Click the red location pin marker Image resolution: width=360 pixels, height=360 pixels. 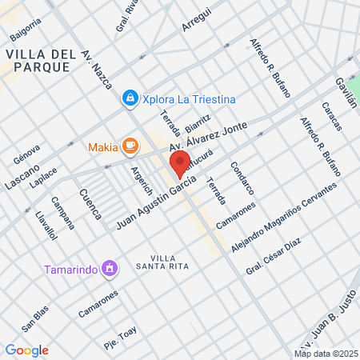coord(179,164)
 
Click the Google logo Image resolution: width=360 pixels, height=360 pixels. coord(27,350)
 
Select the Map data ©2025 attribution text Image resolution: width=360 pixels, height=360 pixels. coord(325,354)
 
